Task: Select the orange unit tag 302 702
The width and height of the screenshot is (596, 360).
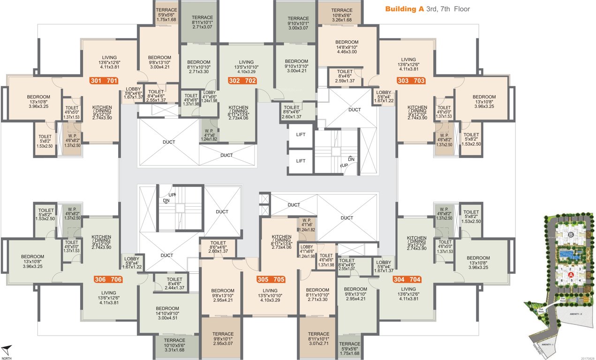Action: coord(242,81)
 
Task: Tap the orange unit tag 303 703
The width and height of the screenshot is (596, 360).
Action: coord(411,81)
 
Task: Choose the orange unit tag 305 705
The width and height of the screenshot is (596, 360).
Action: coord(271,279)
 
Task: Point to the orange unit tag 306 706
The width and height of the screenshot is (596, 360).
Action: coord(108,280)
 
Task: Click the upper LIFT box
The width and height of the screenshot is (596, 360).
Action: coord(301,135)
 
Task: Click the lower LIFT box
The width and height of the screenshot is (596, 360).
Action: coord(301,161)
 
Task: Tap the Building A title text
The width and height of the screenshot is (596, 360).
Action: coord(427,9)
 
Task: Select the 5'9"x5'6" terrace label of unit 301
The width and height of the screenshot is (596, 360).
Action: coord(166,15)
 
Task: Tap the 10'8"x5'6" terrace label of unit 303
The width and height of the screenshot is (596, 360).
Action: coord(341,15)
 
